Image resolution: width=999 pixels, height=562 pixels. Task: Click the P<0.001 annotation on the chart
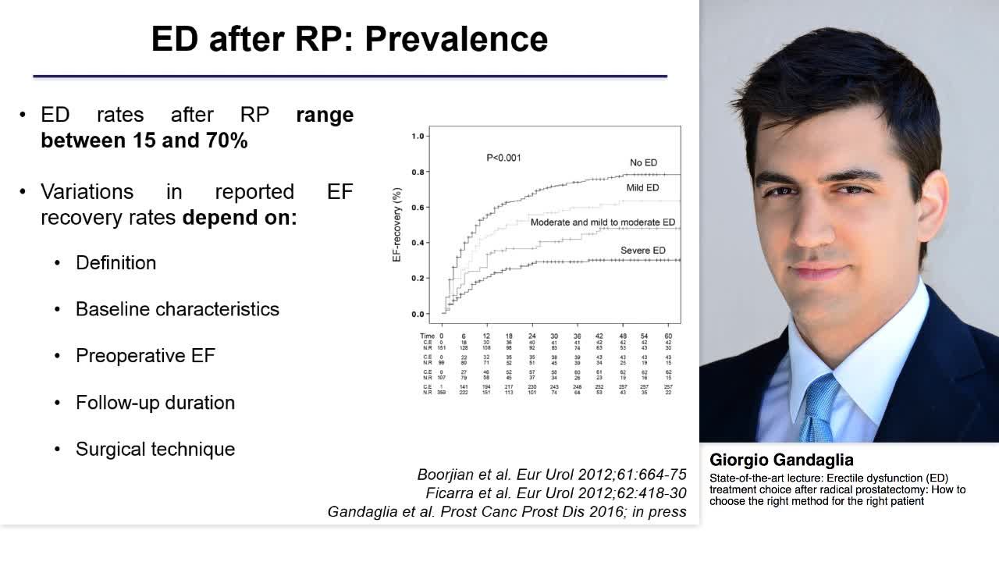(x=503, y=158)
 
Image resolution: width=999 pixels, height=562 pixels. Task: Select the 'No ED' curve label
(x=644, y=163)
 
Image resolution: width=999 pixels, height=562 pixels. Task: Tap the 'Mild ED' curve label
(x=642, y=188)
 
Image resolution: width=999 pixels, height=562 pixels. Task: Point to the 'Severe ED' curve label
(x=643, y=251)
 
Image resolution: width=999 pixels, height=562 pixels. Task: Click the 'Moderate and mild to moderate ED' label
(x=603, y=222)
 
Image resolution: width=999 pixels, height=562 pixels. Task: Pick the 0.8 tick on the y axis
(x=418, y=172)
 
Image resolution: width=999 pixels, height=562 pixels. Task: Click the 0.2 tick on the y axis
(x=418, y=279)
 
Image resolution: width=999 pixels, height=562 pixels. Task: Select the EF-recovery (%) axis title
(x=396, y=225)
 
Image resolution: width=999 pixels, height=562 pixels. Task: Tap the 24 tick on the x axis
(x=531, y=336)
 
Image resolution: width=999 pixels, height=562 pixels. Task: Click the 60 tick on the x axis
(x=668, y=336)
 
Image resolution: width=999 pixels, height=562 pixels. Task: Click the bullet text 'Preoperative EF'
(x=145, y=356)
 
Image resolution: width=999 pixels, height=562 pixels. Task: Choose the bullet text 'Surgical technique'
(x=155, y=450)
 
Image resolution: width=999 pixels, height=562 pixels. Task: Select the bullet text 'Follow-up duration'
(x=155, y=403)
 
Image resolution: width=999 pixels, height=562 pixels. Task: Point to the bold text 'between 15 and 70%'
(x=144, y=141)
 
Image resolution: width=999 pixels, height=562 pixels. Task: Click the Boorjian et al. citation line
(x=552, y=475)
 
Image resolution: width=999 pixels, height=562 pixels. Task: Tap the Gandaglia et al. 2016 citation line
(x=507, y=512)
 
